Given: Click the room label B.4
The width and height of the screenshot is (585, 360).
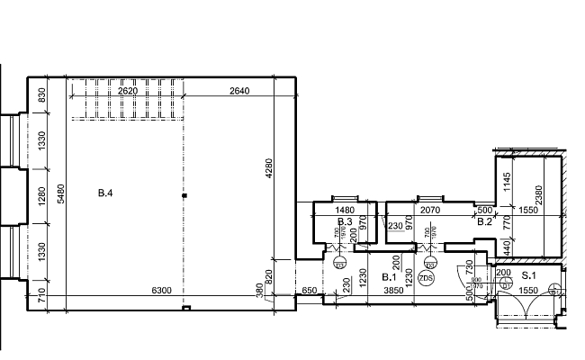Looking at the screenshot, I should coord(106,193).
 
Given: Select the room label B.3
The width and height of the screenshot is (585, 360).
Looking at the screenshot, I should coord(344,221).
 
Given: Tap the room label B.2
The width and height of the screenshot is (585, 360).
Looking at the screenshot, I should coord(484,221).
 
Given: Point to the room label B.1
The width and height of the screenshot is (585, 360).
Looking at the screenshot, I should coord(389,276).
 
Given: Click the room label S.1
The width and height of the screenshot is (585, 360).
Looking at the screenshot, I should coord(529,274).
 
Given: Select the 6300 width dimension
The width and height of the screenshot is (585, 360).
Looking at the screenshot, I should coord(161,291).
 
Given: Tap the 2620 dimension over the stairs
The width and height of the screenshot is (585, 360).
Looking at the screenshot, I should coord(127,91).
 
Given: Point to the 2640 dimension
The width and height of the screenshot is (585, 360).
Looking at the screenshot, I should coord(239,91).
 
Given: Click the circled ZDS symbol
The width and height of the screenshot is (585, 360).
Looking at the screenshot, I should coord(427,278).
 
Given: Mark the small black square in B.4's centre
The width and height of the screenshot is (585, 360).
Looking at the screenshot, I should coord(184,194).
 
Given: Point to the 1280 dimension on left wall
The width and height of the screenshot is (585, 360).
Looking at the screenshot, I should coord(41,193).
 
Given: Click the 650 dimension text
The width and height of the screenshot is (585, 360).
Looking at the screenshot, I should coord(308,291).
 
